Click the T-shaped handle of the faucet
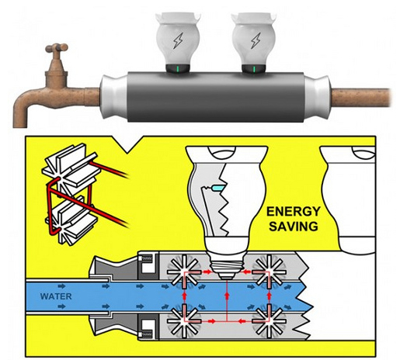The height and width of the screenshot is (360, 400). pyautogui.click(x=57, y=48)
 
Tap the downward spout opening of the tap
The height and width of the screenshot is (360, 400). pyautogui.click(x=20, y=126)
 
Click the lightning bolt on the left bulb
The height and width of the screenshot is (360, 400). pyautogui.click(x=178, y=40)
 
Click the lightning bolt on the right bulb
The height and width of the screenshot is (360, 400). pyautogui.click(x=256, y=40)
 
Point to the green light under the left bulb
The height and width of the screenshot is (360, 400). pyautogui.click(x=178, y=69)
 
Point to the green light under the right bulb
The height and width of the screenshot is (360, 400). pyautogui.click(x=254, y=69)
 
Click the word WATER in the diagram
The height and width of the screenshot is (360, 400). pyautogui.click(x=56, y=296)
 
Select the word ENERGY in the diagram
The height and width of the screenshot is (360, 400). pyautogui.click(x=294, y=212)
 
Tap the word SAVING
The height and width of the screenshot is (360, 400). pyautogui.click(x=294, y=227)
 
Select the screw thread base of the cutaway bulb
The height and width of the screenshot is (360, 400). pyautogui.click(x=227, y=267)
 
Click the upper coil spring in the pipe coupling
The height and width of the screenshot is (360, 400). pyautogui.click(x=147, y=258)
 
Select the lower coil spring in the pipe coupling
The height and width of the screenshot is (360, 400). pyautogui.click(x=147, y=334)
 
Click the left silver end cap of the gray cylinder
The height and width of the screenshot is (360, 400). pyautogui.click(x=113, y=96)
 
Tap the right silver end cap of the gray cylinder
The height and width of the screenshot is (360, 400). pyautogui.click(x=317, y=96)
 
